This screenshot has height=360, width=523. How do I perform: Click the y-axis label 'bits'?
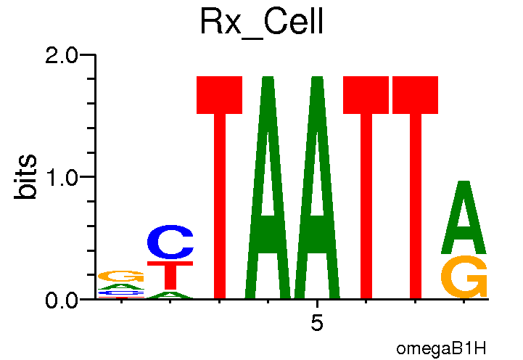[27, 178]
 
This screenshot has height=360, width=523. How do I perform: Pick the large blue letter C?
[170, 244]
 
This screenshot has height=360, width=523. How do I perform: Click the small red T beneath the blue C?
[170, 276]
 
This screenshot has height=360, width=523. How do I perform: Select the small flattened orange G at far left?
[121, 277]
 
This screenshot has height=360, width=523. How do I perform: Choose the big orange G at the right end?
[465, 277]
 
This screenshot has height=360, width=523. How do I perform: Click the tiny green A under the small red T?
[170, 295]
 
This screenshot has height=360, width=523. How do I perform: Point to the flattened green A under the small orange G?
[121, 287]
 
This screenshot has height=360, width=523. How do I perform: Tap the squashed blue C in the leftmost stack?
[121, 292]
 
